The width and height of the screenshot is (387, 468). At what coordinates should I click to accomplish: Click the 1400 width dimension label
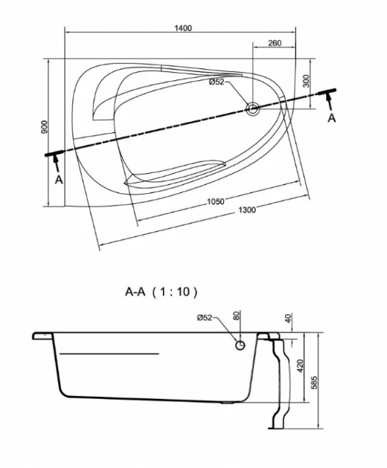[183, 28]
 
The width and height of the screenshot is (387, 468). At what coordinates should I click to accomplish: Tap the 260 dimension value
[275, 43]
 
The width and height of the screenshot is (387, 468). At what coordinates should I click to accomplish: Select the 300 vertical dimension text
[306, 81]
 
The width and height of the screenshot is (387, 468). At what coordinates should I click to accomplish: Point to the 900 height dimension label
[44, 127]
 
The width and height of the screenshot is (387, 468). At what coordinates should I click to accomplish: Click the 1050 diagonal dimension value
[216, 201]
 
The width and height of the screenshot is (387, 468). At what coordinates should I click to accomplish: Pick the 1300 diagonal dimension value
[247, 209]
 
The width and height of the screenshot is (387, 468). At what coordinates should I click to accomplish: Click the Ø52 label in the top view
[217, 82]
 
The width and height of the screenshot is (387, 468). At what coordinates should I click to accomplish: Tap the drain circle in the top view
[253, 108]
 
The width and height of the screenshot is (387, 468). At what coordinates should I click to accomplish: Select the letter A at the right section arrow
[332, 118]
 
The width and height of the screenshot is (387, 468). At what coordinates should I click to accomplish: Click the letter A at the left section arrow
[59, 180]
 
